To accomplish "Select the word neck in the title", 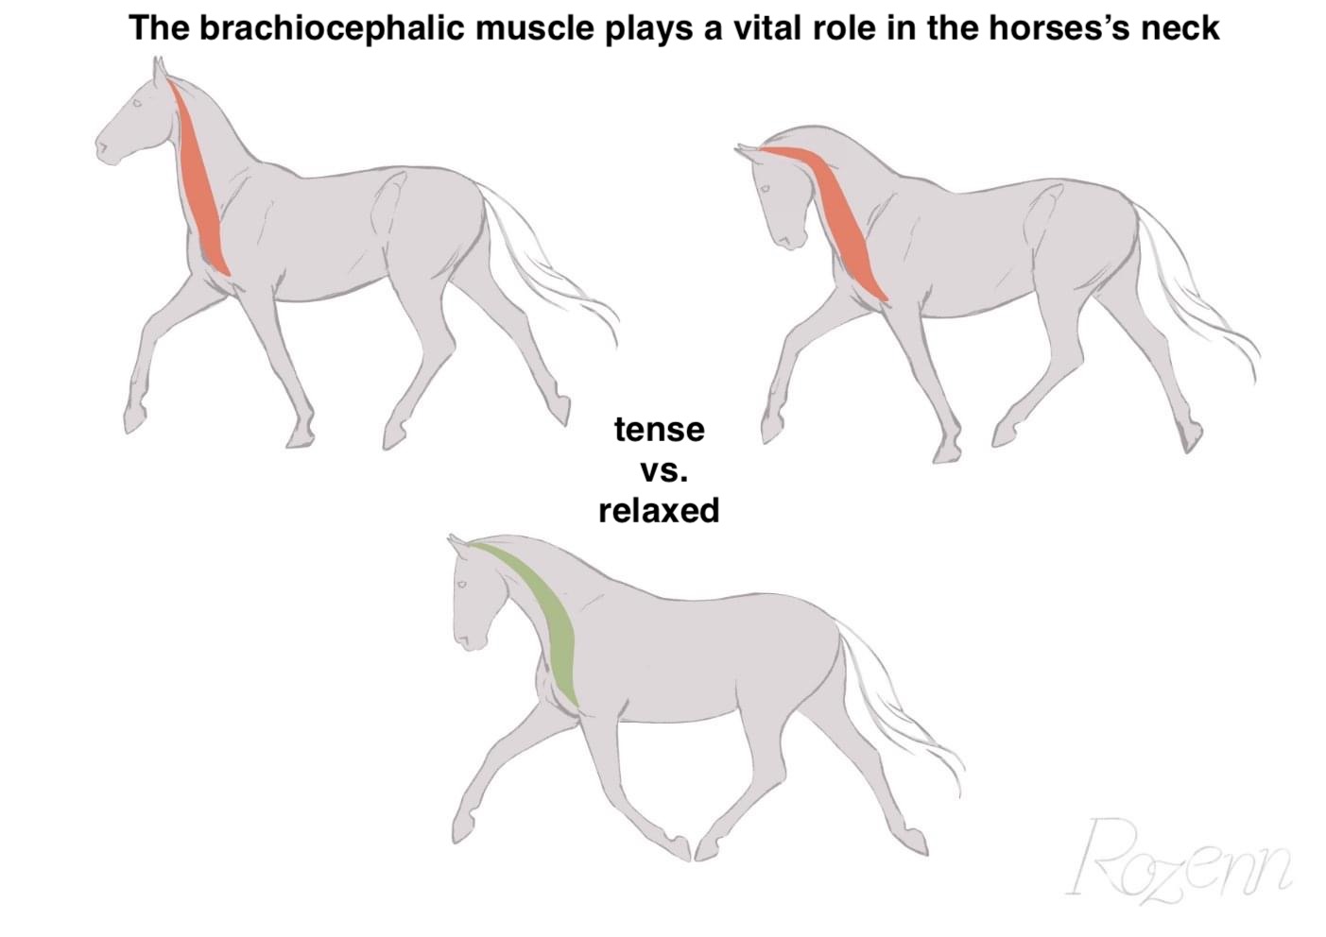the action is point(1180,27).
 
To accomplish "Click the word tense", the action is point(660,430).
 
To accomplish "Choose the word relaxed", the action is point(659,510).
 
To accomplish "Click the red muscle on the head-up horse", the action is point(200,178).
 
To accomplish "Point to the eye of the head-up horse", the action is point(137,103).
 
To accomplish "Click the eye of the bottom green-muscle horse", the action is point(461,585).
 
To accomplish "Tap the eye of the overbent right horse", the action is point(765,189).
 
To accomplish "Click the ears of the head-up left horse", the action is point(159,68).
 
